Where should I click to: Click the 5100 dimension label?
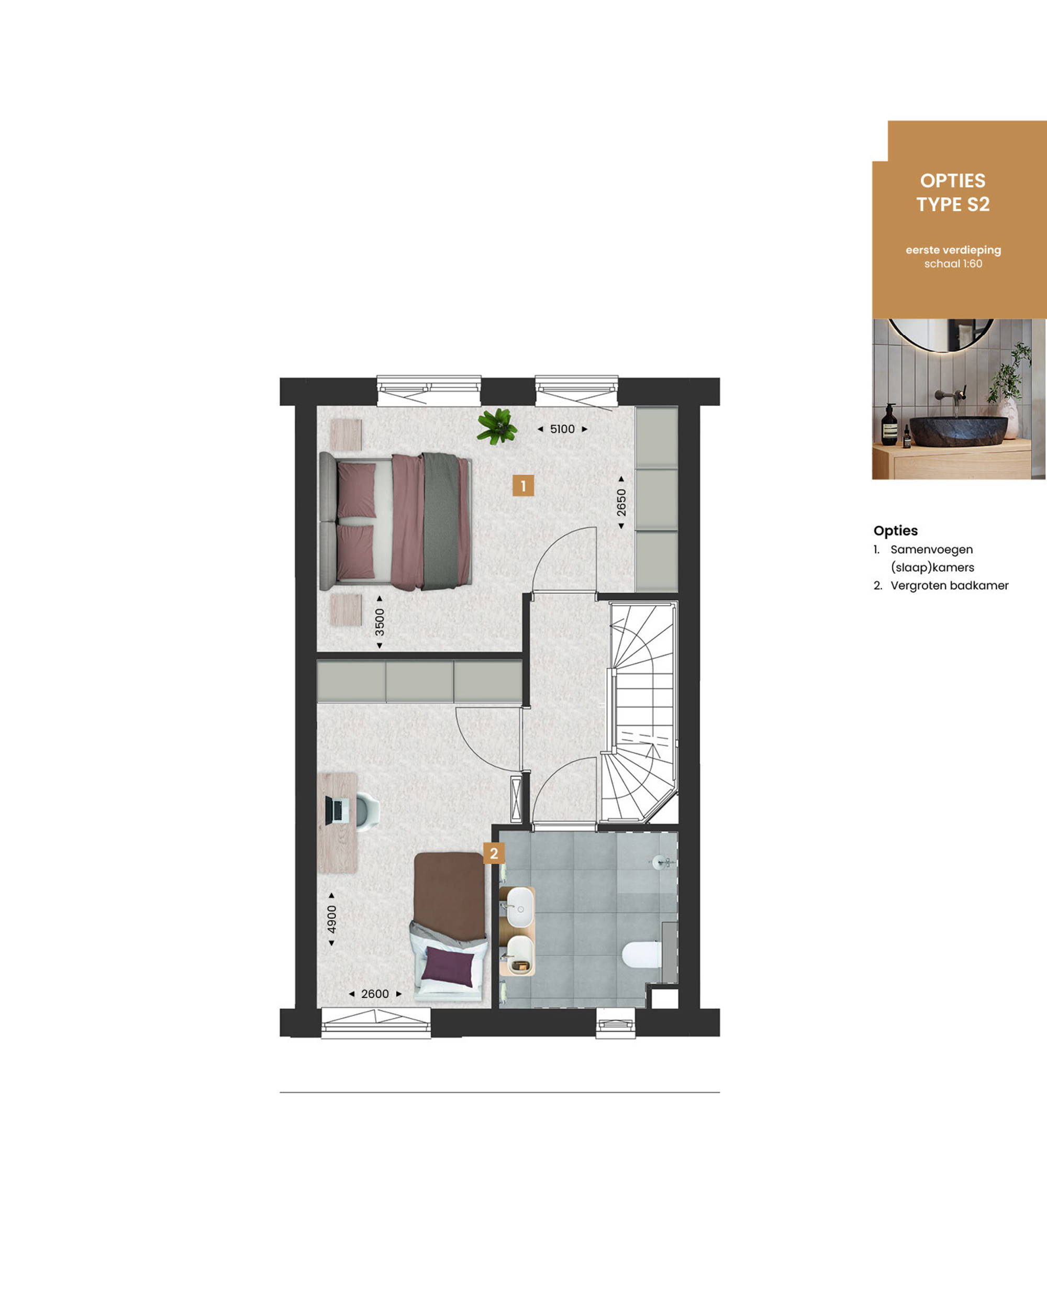tap(562, 429)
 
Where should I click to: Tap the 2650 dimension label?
tap(621, 503)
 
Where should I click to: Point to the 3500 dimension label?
tap(379, 622)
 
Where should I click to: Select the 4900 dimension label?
tap(331, 919)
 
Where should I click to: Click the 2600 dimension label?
tap(375, 994)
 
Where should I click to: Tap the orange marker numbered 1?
tap(523, 485)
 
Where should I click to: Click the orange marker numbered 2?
tap(494, 853)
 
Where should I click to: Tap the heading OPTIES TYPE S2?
tap(953, 193)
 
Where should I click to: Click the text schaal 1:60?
tap(953, 264)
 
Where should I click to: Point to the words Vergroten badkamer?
tap(949, 585)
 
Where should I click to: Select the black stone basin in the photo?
tap(958, 430)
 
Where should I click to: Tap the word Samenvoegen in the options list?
tap(932, 550)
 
